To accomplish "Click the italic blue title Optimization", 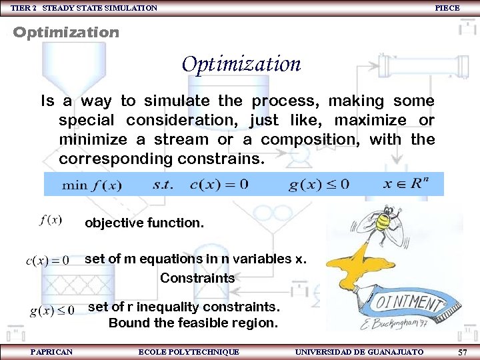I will pos(241,65).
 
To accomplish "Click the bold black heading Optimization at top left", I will pos(66,32).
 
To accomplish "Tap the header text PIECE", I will pos(447,7).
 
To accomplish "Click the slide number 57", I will pos(463,352).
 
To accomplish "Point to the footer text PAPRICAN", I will pos(51,351).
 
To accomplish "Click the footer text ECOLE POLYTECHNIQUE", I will pos(188,351).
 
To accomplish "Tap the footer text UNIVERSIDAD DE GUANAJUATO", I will pos(359,351).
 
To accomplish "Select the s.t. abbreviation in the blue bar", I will pos(163,185).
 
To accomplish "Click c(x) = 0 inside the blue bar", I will pos(219,185).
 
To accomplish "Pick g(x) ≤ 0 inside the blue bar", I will pos(318,185).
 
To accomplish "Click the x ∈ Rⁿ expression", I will pos(405,184).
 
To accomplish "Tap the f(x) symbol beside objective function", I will pos(51,220).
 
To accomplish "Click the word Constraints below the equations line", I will pos(197,278).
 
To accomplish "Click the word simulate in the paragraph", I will pos(175,101).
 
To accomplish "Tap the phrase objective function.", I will pos(144,223).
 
